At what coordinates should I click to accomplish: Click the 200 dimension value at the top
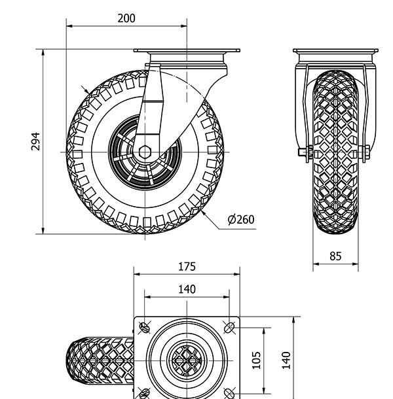[126, 18]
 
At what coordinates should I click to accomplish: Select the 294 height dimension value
[35, 141]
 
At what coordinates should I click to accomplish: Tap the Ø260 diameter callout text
[241, 219]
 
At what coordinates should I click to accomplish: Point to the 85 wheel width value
[335, 256]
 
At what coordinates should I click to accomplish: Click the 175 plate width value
[187, 266]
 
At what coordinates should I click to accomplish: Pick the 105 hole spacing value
[256, 360]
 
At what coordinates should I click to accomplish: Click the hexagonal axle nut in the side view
[145, 152]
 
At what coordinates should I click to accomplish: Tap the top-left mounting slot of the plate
[145, 328]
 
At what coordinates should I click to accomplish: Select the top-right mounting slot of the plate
[229, 328]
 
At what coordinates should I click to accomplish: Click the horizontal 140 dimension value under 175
[187, 289]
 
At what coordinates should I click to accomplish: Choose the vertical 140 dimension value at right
[286, 360]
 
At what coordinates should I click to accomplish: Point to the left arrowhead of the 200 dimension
[69, 26]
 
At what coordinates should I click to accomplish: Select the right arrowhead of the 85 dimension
[355, 264]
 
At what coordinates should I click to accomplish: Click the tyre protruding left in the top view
[100, 360]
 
